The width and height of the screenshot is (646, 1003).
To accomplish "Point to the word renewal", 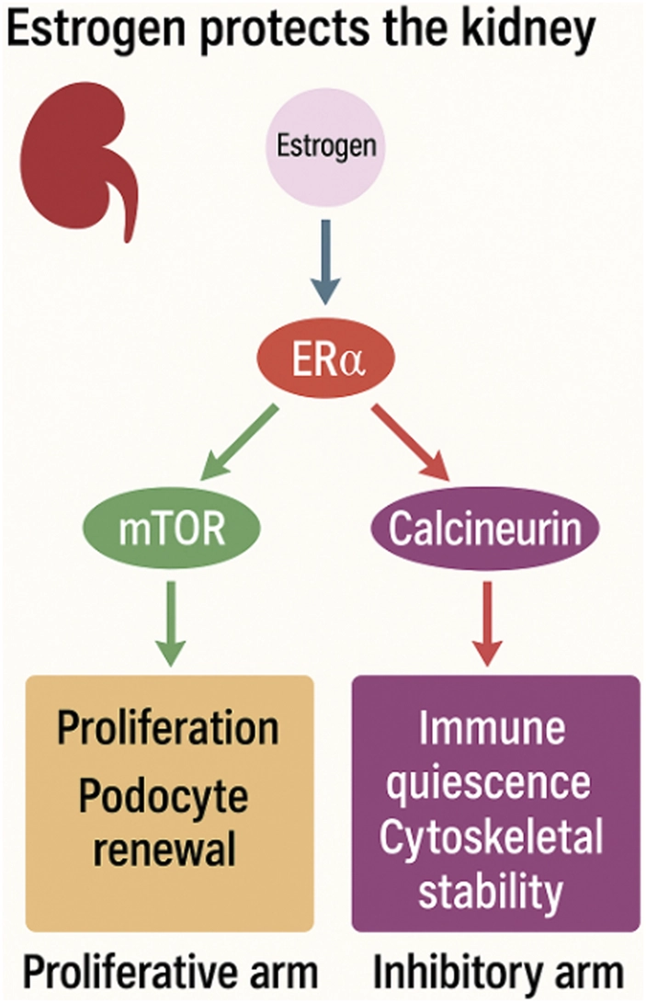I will tap(169, 851).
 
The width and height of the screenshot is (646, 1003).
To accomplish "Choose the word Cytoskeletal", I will tap(496, 838).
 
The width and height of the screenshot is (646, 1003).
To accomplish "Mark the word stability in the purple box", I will tap(496, 890).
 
